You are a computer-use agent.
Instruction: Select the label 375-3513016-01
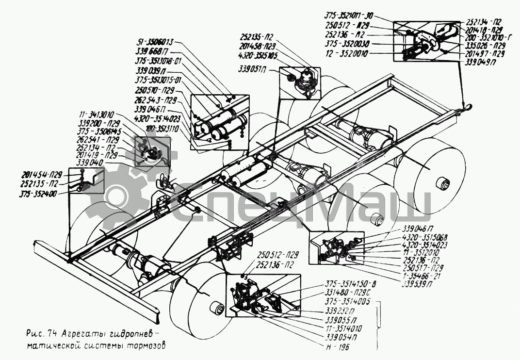(157, 61)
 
